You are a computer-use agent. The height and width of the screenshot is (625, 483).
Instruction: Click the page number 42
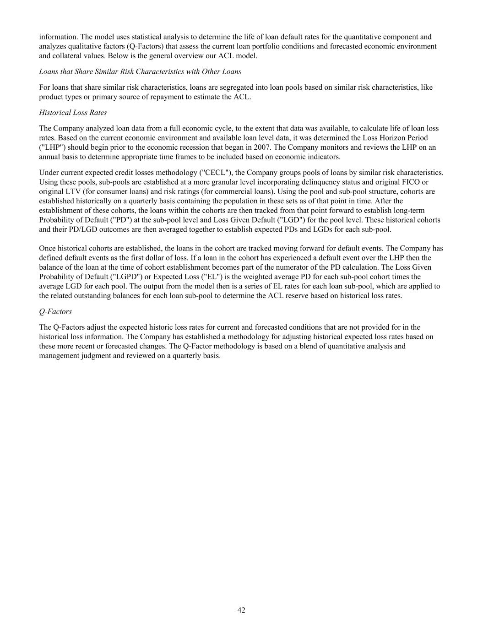[241, 610]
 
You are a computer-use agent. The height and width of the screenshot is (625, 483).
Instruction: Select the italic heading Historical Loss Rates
[73, 113]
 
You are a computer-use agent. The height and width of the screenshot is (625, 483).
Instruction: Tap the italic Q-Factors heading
[55, 311]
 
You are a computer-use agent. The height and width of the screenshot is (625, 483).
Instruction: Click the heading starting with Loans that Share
[140, 72]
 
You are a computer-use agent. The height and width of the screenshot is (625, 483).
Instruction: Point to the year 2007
[288, 147]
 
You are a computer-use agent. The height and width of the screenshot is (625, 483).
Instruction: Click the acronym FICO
[411, 182]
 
